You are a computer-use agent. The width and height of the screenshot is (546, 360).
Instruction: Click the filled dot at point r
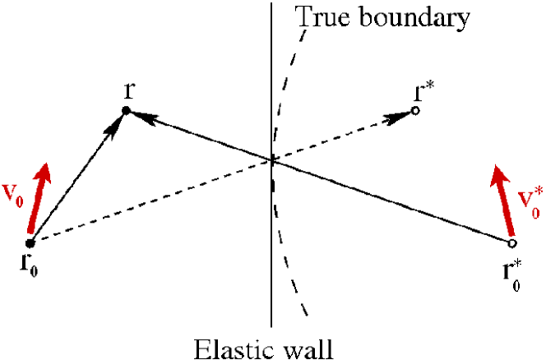(x=126, y=111)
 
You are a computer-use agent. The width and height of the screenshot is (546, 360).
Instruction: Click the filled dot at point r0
(x=30, y=243)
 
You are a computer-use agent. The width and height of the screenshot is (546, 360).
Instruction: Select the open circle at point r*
(x=416, y=110)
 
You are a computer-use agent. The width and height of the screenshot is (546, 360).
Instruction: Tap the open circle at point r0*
(x=511, y=243)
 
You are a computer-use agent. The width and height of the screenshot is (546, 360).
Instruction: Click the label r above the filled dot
(x=129, y=90)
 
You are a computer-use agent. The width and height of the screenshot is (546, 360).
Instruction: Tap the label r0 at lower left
(x=30, y=265)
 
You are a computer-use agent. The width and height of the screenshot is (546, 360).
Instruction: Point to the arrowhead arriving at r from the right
(x=145, y=118)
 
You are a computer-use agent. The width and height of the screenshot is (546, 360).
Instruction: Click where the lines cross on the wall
(x=272, y=160)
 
